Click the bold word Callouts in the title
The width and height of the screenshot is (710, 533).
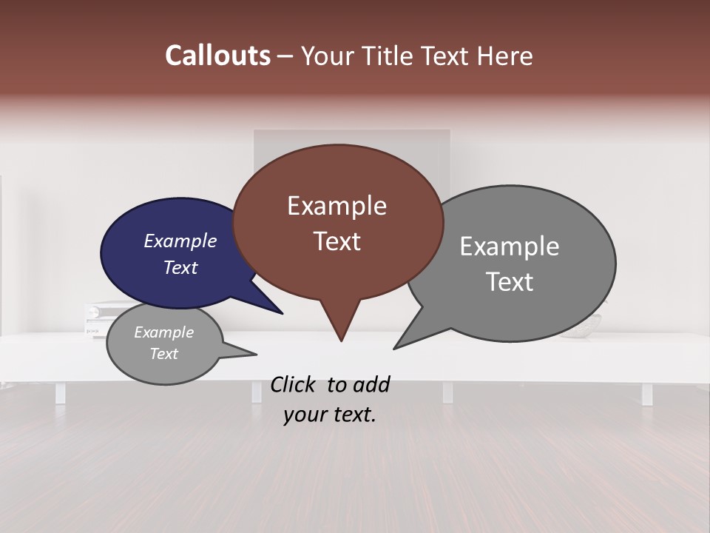pyautogui.click(x=217, y=56)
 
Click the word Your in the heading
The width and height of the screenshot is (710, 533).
pyautogui.click(x=327, y=56)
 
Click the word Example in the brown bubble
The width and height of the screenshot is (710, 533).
pyautogui.click(x=337, y=206)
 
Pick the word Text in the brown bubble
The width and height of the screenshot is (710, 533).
pyautogui.click(x=337, y=241)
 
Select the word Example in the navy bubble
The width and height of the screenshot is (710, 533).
pyautogui.click(x=180, y=241)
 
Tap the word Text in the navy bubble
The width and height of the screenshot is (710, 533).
pyautogui.click(x=180, y=267)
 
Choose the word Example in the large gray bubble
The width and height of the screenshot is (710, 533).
pyautogui.click(x=509, y=247)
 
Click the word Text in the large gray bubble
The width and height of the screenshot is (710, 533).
pyautogui.click(x=509, y=282)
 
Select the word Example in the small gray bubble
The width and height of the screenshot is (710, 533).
pyautogui.click(x=163, y=332)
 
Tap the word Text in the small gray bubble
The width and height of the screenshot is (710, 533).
pyautogui.click(x=163, y=354)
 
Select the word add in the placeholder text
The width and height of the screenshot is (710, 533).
pyautogui.click(x=372, y=384)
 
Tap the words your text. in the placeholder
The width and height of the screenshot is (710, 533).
pyautogui.click(x=329, y=415)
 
